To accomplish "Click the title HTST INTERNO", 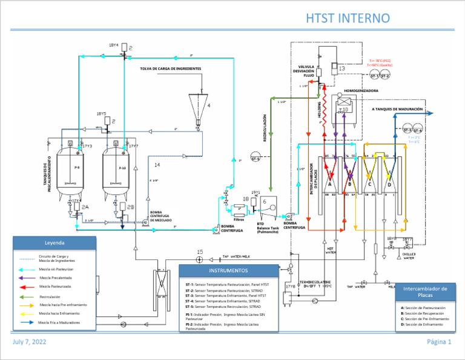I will click(x=348, y=18).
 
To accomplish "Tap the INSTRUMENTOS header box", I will click(x=228, y=270).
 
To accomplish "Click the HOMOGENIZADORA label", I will click(x=361, y=90).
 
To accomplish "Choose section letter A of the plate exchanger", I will click(x=330, y=184).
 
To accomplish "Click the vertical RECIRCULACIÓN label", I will click(x=265, y=124).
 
